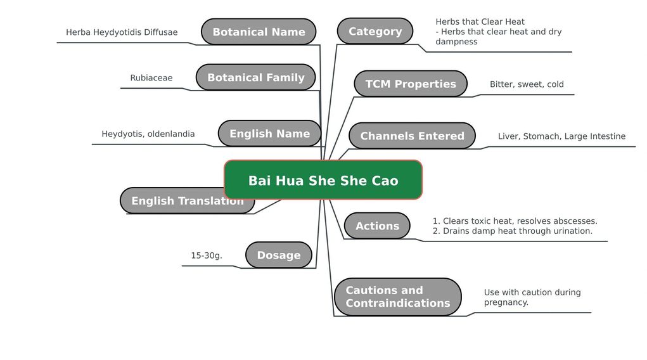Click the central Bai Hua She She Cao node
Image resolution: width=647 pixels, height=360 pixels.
(323, 180)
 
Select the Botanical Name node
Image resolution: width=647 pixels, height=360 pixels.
(259, 32)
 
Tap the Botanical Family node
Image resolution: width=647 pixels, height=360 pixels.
(256, 77)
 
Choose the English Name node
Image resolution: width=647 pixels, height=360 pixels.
(270, 133)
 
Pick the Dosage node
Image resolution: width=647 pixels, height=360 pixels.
(279, 255)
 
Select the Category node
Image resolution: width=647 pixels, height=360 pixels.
(375, 32)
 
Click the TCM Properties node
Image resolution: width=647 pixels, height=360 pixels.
(411, 84)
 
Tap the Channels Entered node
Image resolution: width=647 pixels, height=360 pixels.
(412, 136)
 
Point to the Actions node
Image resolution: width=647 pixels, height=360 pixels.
(377, 226)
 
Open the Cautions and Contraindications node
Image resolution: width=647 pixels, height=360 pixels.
(398, 297)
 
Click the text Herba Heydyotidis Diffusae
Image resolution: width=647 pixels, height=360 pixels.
(122, 32)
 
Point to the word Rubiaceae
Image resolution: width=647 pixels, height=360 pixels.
(151, 77)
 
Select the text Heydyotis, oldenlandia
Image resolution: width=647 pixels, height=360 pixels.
(148, 134)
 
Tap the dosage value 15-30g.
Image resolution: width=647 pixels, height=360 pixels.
(207, 255)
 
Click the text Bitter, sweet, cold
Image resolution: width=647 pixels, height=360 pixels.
(527, 84)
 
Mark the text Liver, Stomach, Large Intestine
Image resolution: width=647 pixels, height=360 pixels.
(561, 136)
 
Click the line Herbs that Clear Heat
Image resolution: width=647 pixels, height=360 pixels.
(480, 22)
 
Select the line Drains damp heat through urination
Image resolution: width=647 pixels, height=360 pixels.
(513, 231)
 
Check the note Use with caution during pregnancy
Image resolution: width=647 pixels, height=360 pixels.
(532, 297)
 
